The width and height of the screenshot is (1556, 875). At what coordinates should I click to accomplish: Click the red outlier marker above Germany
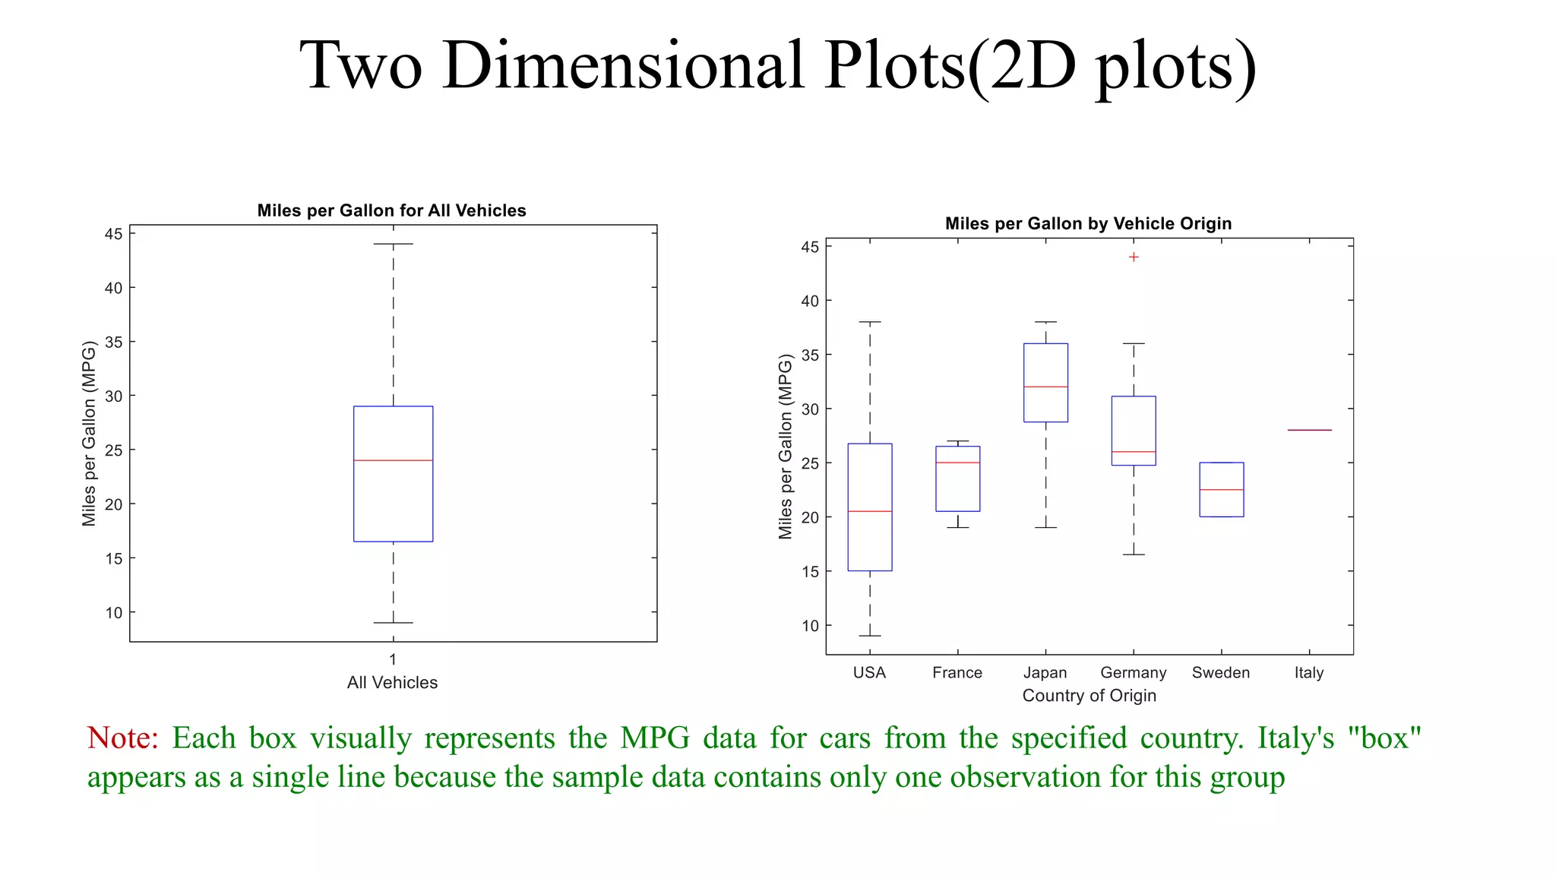(1134, 257)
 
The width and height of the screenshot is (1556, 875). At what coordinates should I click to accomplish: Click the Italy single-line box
(1309, 430)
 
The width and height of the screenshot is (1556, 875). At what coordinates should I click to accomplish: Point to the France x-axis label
(957, 673)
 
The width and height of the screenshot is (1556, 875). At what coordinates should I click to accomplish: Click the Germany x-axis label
(1133, 673)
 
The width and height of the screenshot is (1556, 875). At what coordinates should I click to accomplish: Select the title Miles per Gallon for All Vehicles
(391, 210)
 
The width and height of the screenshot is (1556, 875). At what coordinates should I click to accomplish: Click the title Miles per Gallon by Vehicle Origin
(1088, 223)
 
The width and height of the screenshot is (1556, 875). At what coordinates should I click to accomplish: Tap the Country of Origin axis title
(1089, 696)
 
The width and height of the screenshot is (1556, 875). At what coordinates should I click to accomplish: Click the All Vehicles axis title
(392, 683)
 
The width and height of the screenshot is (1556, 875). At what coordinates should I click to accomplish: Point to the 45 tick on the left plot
(113, 234)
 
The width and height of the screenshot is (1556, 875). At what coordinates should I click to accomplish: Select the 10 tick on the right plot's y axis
(810, 626)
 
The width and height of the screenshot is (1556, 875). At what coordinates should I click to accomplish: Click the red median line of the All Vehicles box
(393, 460)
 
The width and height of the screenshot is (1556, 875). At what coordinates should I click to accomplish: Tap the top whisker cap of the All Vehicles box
(393, 245)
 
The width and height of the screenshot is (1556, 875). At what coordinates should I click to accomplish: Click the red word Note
(122, 738)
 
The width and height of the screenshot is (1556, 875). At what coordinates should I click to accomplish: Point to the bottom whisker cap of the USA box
(870, 636)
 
